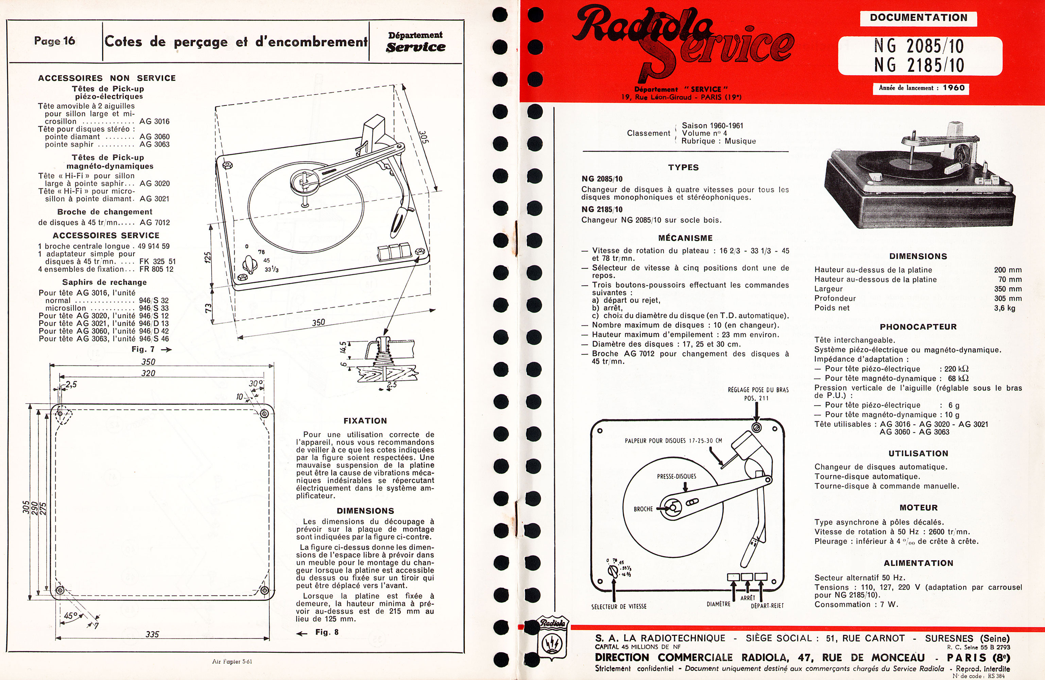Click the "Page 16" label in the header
(54, 41)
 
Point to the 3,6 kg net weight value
(1005, 308)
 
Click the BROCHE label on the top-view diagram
(643, 509)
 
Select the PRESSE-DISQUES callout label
(676, 476)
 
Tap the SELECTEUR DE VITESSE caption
(619, 607)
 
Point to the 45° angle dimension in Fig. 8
(71, 616)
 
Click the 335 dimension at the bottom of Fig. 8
(152, 634)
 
